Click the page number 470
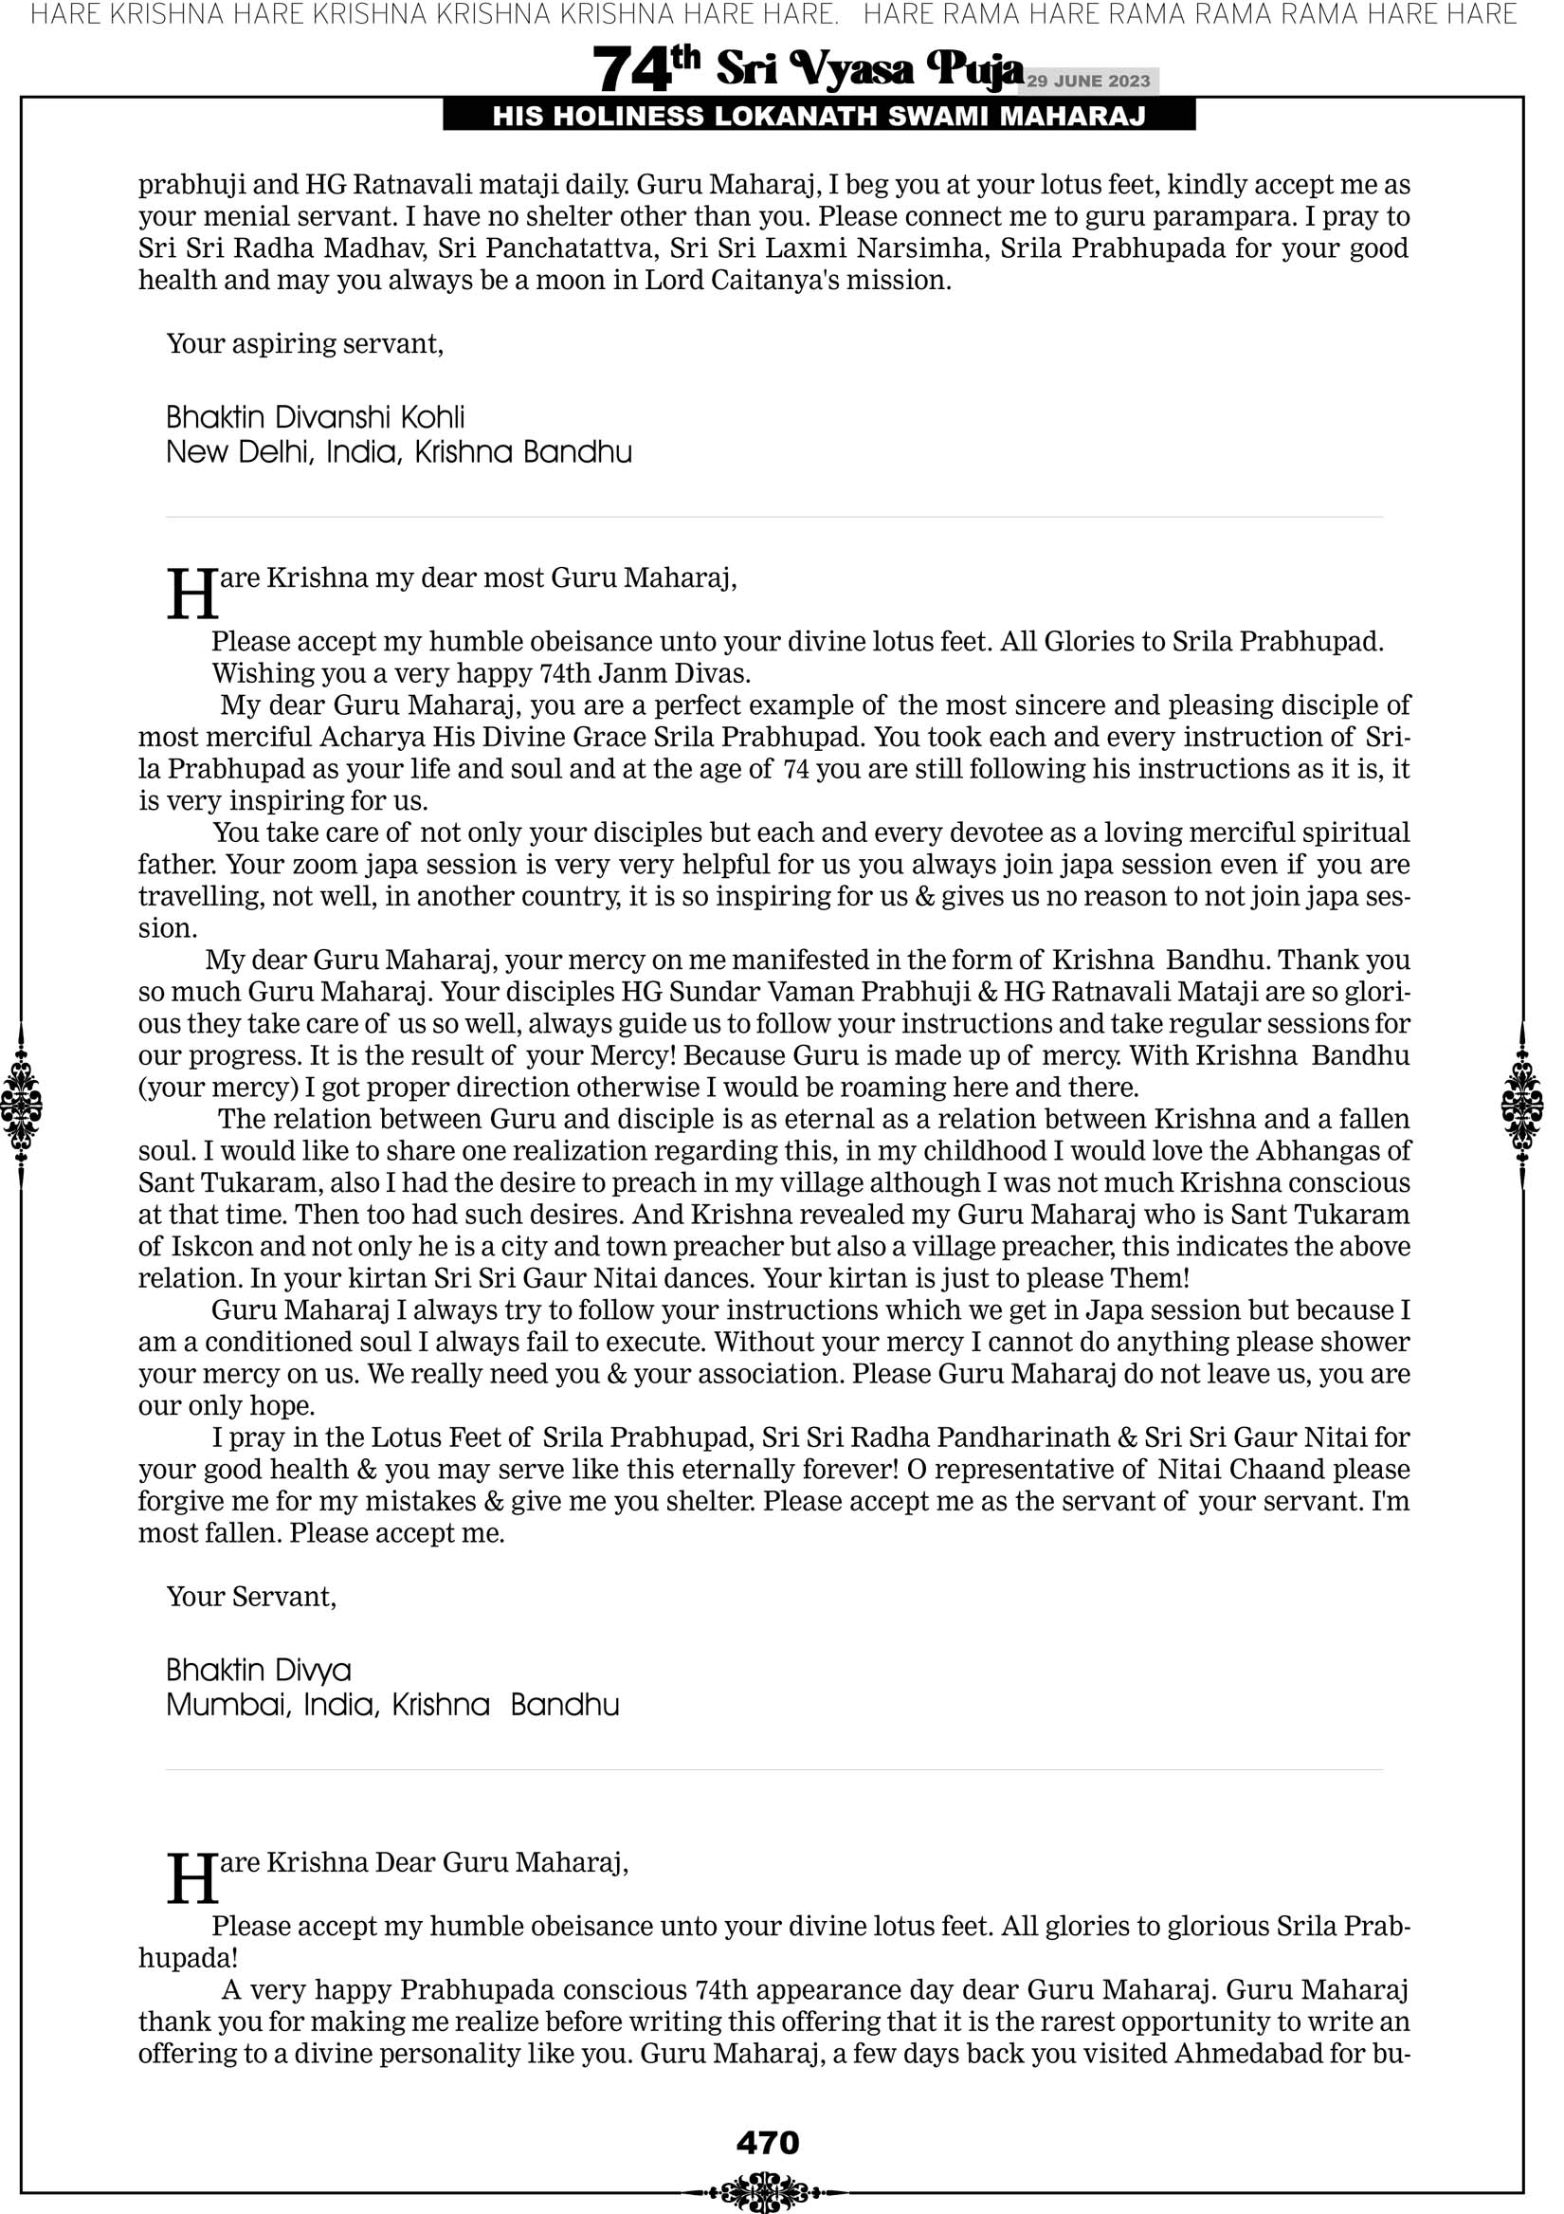(x=768, y=2143)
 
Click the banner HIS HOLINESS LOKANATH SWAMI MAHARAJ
(x=819, y=117)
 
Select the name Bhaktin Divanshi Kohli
(x=316, y=417)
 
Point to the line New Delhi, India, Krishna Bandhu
(x=399, y=452)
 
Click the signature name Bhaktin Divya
(x=259, y=1670)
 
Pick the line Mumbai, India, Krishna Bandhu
(x=392, y=1705)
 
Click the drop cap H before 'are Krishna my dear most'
(x=191, y=595)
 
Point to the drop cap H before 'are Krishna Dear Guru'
(x=191, y=1879)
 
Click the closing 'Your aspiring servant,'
(x=304, y=344)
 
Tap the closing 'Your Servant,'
(x=252, y=1597)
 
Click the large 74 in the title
(x=631, y=69)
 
